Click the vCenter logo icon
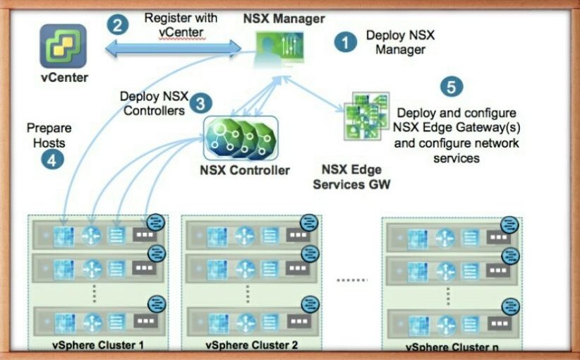coord(64,46)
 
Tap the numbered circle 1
coord(346,42)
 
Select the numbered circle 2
coord(118,25)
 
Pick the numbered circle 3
coord(201,103)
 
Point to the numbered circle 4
coord(52,160)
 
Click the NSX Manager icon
coord(279,49)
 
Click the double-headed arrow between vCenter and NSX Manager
coord(173,49)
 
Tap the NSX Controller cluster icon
coord(241,138)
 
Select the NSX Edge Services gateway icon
coord(367,116)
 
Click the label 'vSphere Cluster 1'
coord(97,345)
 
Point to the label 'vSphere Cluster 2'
coord(251,345)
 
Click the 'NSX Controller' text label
coord(245,170)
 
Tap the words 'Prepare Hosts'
coord(49,136)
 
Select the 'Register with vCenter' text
coord(181,25)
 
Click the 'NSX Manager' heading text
coord(284,18)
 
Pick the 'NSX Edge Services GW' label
coord(351,177)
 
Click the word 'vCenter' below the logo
coord(64,78)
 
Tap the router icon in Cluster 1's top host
coord(91,235)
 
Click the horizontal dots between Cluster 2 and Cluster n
coord(352,280)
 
